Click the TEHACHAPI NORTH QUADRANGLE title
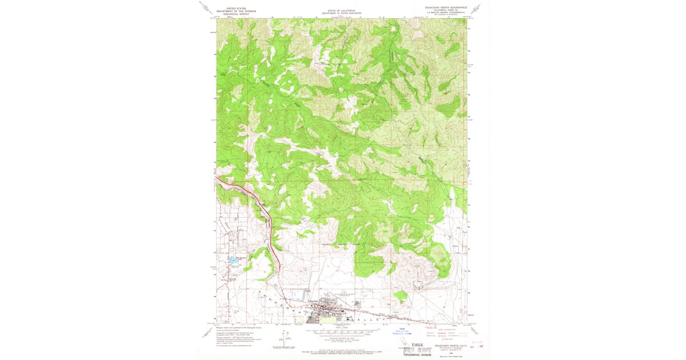tap(442, 7)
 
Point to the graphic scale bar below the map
tap(342, 331)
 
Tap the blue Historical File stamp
tap(401, 331)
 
